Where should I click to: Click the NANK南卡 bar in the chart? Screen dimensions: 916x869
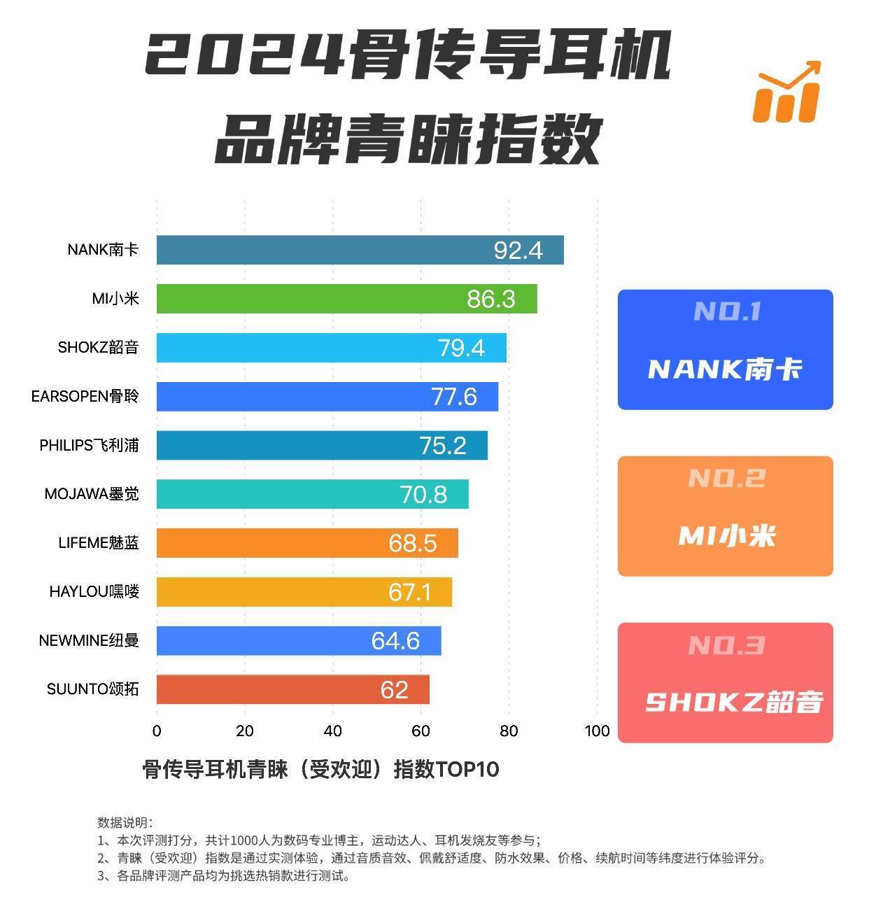(x=360, y=250)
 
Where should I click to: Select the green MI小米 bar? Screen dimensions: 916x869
(x=346, y=299)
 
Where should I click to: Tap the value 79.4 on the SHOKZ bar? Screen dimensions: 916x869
(x=461, y=348)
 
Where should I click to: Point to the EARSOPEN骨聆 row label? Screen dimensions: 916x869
(x=85, y=397)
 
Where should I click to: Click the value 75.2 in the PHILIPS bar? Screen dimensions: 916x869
(x=442, y=446)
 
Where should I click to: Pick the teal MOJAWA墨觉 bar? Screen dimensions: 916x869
(x=312, y=494)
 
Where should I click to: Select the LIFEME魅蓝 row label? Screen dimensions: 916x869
(x=98, y=543)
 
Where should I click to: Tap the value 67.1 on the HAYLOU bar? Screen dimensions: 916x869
(x=410, y=593)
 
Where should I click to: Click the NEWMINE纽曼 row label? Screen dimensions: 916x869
(x=89, y=640)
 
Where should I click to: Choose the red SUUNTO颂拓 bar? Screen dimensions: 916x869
(x=292, y=689)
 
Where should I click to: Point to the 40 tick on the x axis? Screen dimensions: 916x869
(x=332, y=731)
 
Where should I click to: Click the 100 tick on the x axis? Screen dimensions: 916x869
(x=597, y=731)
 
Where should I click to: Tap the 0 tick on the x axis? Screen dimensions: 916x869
(x=157, y=731)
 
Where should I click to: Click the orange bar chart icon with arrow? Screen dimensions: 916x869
(x=786, y=92)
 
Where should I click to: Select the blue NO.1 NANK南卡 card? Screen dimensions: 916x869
(x=725, y=349)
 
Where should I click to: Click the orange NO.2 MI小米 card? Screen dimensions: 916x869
(x=725, y=516)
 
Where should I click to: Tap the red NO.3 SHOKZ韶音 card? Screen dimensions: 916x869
(x=725, y=682)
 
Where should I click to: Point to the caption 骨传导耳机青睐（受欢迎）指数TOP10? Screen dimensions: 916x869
(x=320, y=770)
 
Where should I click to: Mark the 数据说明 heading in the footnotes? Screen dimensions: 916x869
(x=125, y=822)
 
